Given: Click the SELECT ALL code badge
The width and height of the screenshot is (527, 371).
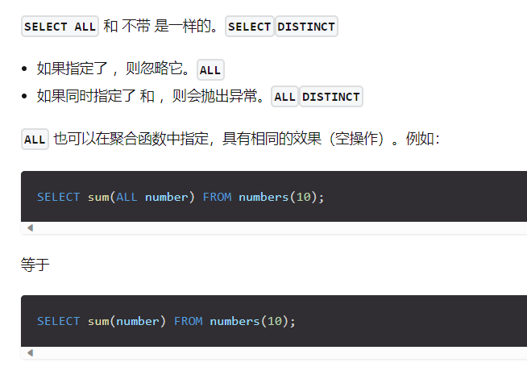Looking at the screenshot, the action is point(60,27).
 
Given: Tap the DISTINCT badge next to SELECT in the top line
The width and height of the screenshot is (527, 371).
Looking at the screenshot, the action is point(306,27).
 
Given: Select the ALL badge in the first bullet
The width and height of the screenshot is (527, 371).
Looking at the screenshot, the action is point(210,70).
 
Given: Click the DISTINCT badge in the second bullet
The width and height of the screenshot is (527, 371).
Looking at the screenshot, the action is point(331,97).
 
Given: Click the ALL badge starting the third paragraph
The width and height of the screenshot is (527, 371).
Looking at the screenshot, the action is point(35,140).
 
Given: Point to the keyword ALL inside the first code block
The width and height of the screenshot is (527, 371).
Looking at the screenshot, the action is point(127,197).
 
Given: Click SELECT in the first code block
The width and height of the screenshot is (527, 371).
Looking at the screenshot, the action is point(58,197).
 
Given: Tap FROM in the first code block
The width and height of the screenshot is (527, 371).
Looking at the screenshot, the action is point(217,197).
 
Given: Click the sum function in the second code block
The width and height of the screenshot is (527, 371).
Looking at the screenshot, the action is point(98,321).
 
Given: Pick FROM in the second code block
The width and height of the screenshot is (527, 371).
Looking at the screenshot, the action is point(188,321).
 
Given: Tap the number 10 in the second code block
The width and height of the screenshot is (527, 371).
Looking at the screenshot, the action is point(274,321).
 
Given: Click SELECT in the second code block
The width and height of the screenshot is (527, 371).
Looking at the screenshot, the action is point(58,321).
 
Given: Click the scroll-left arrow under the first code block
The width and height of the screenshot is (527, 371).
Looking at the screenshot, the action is point(30,228).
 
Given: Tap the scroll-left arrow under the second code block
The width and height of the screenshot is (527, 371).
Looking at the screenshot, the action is point(30,352).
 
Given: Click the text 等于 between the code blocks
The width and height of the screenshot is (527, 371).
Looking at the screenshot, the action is point(35,265).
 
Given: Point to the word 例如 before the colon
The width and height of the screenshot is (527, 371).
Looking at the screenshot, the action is point(418,140).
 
